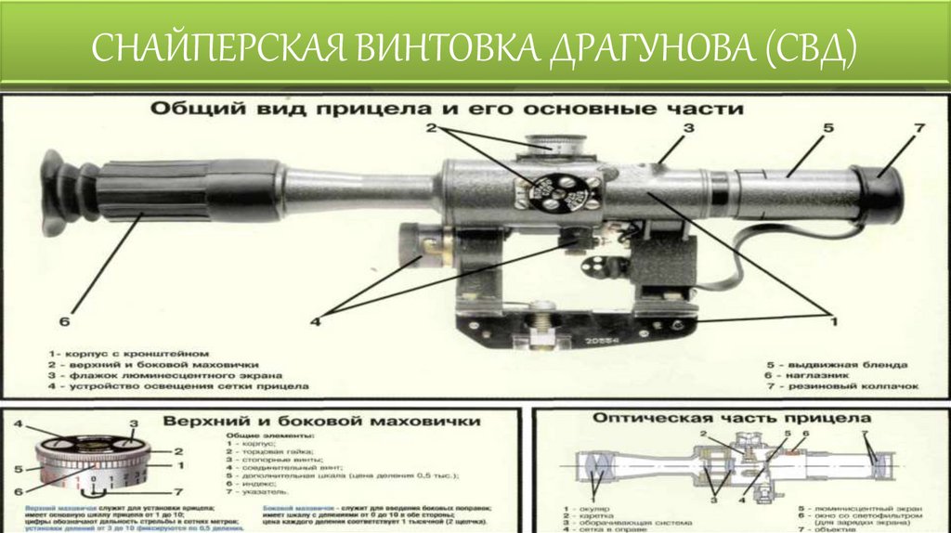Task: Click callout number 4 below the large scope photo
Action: click(x=316, y=321)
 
